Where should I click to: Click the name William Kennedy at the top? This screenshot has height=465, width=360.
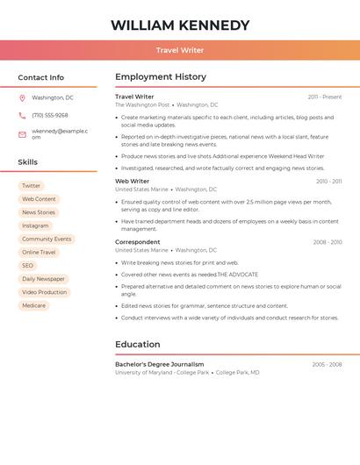[x=180, y=25]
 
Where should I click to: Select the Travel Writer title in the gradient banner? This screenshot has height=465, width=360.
[x=180, y=50]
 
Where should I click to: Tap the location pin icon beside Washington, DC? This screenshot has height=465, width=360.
[x=22, y=97]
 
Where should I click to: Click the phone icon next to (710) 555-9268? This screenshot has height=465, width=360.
[x=22, y=115]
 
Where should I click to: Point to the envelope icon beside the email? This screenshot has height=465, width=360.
[x=22, y=134]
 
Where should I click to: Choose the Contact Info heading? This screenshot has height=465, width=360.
[x=41, y=77]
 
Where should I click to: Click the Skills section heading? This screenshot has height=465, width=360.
[x=28, y=162]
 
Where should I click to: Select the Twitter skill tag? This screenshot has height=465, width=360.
[x=31, y=186]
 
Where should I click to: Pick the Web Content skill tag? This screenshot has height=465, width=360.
[x=39, y=199]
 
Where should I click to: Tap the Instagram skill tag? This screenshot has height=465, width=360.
[x=35, y=225]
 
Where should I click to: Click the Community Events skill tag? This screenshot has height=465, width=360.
[x=47, y=239]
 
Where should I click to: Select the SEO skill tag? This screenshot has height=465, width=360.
[x=28, y=266]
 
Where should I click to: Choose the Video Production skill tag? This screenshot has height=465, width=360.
[x=44, y=292]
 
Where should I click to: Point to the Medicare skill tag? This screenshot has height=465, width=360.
[x=34, y=305]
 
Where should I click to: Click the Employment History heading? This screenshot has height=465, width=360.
[x=161, y=77]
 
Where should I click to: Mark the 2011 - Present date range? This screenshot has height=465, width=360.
[x=325, y=97]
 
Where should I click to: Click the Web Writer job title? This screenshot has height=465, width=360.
[x=133, y=182]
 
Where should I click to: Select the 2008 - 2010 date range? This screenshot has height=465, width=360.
[x=328, y=242]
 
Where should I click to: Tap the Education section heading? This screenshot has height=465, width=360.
[x=138, y=345]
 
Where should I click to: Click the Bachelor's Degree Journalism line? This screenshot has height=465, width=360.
[x=160, y=364]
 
